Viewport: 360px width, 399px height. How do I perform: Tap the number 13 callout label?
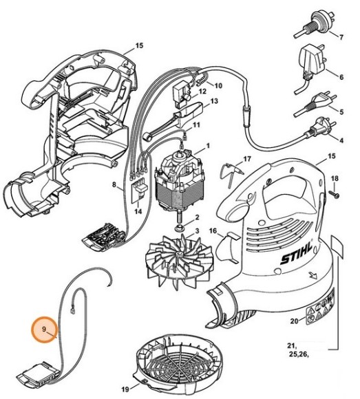[214, 101]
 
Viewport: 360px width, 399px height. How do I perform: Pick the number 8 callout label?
[114, 184]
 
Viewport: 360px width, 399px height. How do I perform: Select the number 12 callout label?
[202, 90]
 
